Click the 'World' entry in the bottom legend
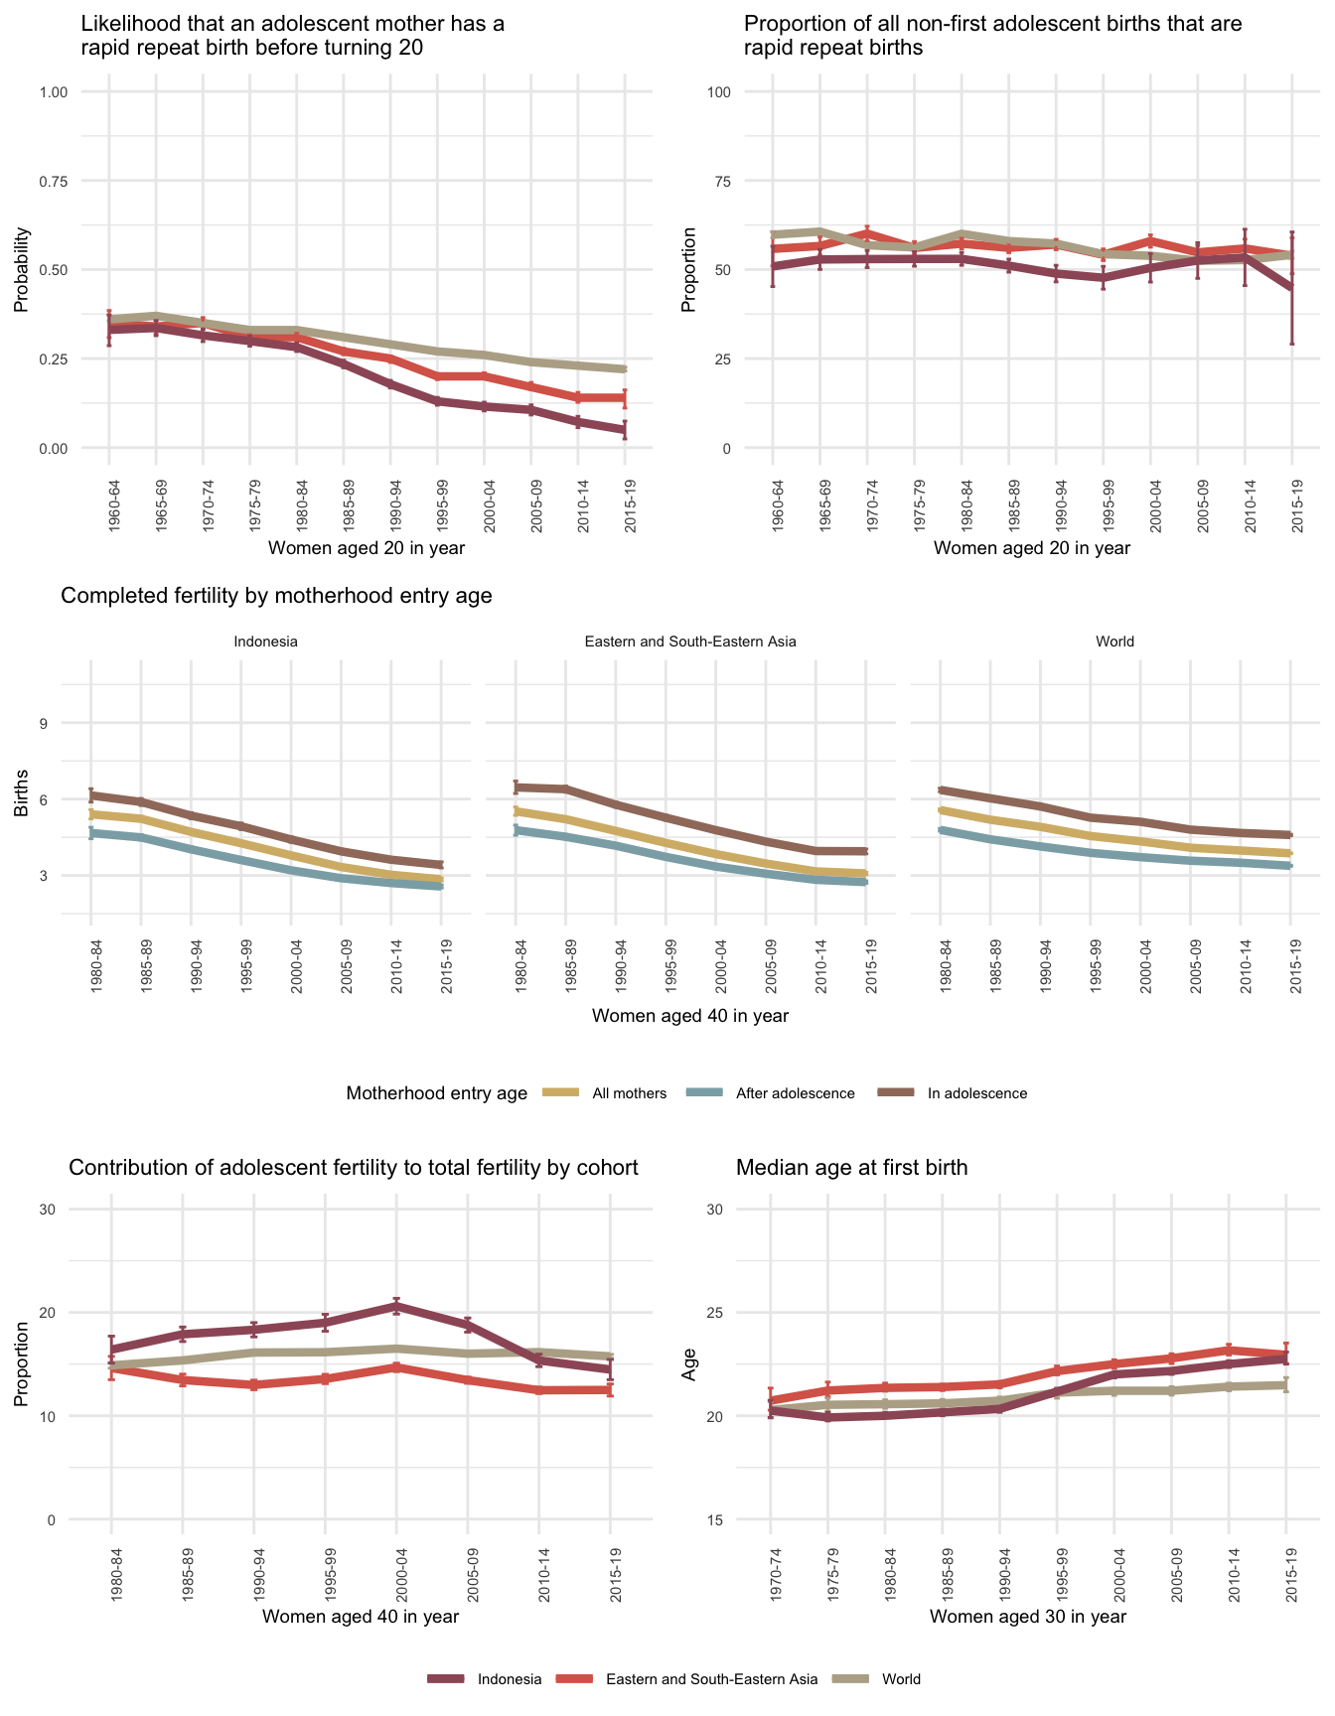pyautogui.click(x=901, y=1679)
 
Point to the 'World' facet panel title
pyautogui.click(x=1114, y=642)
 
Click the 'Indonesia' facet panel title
pyautogui.click(x=265, y=642)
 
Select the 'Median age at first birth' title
pyautogui.click(x=851, y=1168)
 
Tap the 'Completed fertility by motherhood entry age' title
pyautogui.click(x=276, y=596)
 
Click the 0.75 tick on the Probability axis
pyautogui.click(x=54, y=181)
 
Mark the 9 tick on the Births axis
pyautogui.click(x=44, y=723)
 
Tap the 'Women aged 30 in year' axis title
pyautogui.click(x=1028, y=1616)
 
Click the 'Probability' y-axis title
pyautogui.click(x=22, y=270)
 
